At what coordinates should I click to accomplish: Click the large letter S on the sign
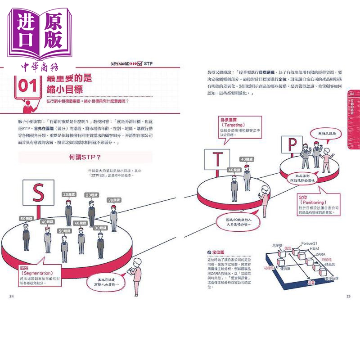click(x=38, y=192)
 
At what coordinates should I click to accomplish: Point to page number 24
click(x=11, y=296)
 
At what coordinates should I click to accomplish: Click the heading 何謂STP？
click(x=85, y=157)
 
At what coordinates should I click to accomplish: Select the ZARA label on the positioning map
click(x=320, y=254)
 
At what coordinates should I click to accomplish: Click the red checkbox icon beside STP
click(x=139, y=63)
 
